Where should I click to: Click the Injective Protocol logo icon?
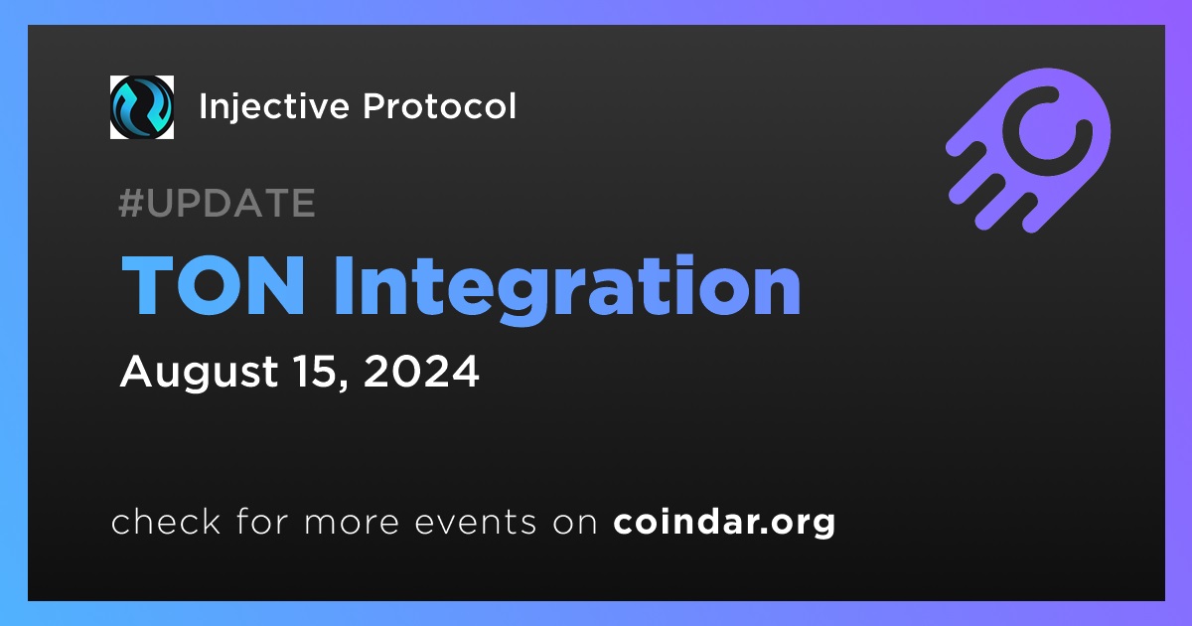tap(141, 107)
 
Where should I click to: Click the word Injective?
tap(274, 107)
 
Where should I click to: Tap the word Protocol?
tap(439, 105)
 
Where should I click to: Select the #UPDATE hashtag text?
tap(217, 203)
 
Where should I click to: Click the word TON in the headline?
tap(214, 285)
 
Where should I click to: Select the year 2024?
tap(421, 371)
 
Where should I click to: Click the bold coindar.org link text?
tap(724, 523)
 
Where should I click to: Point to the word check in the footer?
tap(166, 521)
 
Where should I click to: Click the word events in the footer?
tap(476, 523)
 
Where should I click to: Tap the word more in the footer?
tap(352, 523)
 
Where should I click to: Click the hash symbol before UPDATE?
tap(131, 203)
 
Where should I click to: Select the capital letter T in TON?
tap(148, 285)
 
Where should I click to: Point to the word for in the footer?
tap(262, 521)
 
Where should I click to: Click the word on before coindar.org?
tap(575, 523)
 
